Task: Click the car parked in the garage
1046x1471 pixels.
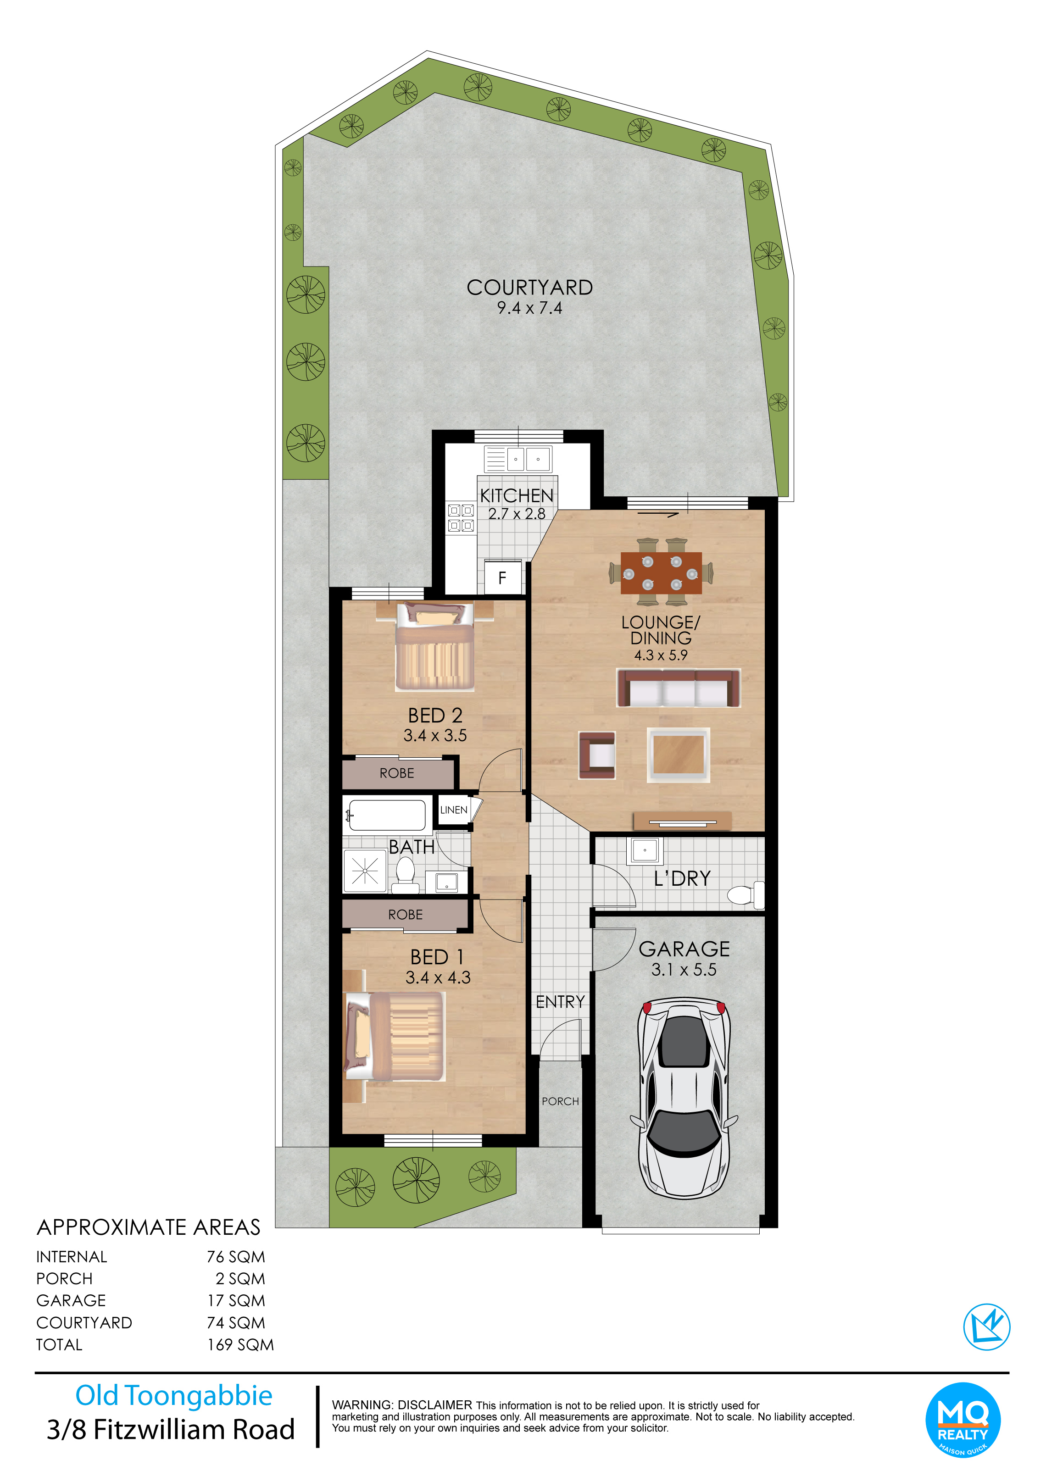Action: (x=684, y=1097)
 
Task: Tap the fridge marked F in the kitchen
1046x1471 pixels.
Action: (x=503, y=577)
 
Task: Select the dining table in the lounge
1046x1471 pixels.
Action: (x=662, y=572)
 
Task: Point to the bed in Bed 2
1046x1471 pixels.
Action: (x=435, y=646)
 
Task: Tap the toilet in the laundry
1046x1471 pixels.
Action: (x=746, y=894)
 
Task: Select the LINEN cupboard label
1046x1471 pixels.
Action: (x=454, y=810)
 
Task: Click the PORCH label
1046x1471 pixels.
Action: (x=560, y=1101)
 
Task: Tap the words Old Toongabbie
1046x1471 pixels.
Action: (x=174, y=1396)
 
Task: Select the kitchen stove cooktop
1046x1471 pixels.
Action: (x=461, y=518)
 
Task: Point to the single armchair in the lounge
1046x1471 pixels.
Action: (x=597, y=755)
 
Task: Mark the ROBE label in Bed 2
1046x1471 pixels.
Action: (x=397, y=773)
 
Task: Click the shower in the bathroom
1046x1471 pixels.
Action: (x=365, y=871)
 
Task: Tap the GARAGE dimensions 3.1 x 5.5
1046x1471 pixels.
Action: (x=684, y=969)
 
